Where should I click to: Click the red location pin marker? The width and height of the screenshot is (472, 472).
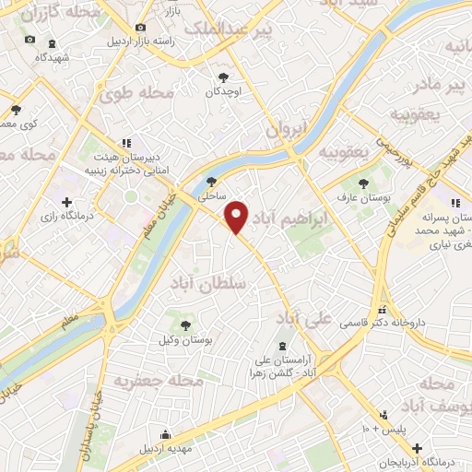[238, 217]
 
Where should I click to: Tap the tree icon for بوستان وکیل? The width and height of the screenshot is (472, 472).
[186, 324]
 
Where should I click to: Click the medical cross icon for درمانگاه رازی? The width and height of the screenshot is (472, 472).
[65, 201]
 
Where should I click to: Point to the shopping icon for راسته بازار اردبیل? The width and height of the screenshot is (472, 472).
[139, 29]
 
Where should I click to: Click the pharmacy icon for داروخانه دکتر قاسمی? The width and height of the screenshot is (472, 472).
[382, 310]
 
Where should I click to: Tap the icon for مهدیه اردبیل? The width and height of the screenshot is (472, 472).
[165, 434]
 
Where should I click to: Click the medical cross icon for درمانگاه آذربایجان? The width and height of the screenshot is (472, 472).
[419, 446]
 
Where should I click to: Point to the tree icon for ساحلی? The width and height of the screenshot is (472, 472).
[213, 182]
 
